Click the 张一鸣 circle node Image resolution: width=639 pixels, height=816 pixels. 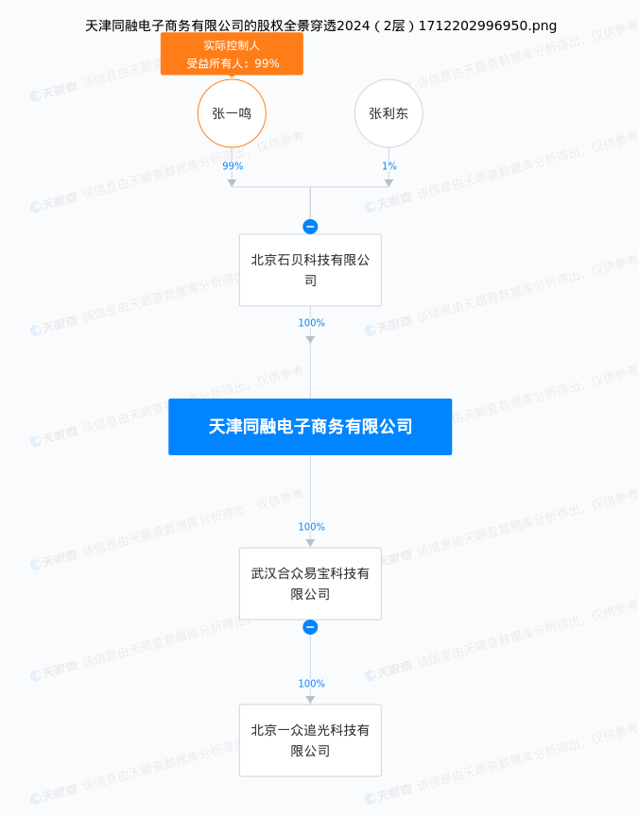(x=232, y=113)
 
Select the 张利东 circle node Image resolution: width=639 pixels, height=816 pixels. (x=389, y=113)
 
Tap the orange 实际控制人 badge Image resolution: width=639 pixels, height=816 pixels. (x=232, y=45)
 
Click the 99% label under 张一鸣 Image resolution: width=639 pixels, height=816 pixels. (x=233, y=166)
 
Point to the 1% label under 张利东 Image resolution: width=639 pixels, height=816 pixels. (x=389, y=166)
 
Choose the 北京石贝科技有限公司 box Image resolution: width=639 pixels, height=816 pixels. (x=310, y=270)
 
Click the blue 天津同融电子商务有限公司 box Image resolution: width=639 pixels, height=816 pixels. (x=310, y=427)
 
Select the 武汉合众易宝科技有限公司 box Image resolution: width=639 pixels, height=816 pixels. (x=310, y=584)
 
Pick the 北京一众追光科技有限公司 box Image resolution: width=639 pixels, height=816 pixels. (x=310, y=740)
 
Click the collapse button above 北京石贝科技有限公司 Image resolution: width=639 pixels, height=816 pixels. (x=310, y=227)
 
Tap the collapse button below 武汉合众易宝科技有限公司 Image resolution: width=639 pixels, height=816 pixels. (x=310, y=627)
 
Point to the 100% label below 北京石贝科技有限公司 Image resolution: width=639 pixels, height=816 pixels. (x=311, y=323)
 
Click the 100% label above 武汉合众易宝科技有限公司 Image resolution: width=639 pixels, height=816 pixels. (x=311, y=527)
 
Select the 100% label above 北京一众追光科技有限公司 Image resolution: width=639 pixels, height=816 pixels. (x=311, y=684)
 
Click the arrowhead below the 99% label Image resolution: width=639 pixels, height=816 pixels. (x=232, y=182)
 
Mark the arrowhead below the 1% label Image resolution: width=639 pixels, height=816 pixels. (x=389, y=182)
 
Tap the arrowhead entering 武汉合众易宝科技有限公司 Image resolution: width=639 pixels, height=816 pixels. (x=310, y=543)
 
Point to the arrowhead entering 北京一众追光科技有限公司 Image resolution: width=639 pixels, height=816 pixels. (x=310, y=700)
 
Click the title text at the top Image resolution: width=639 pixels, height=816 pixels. (x=320, y=25)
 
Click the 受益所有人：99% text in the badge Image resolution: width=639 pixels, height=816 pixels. (x=233, y=63)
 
